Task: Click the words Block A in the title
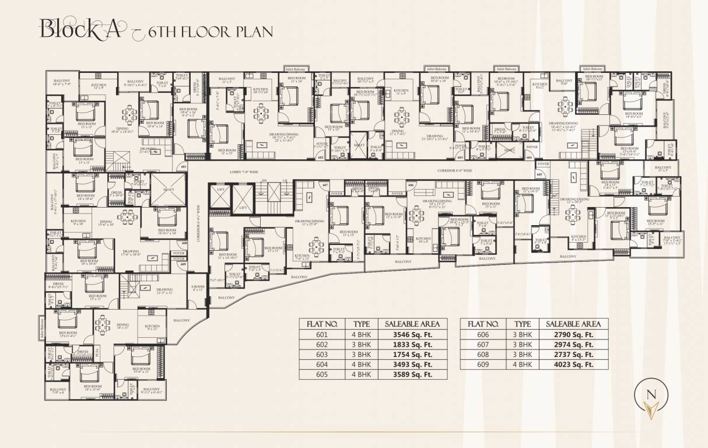click(x=80, y=29)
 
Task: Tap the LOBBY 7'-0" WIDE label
click(x=240, y=173)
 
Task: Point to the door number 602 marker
click(x=320, y=157)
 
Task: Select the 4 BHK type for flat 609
click(x=522, y=365)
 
